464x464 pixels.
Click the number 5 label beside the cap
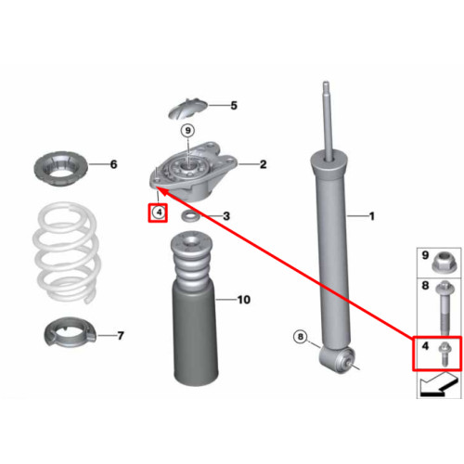coord(234,106)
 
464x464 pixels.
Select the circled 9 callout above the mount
coord(187,131)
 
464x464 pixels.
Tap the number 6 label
coord(114,164)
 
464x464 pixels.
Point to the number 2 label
coord(263,164)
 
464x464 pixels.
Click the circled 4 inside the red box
coord(159,213)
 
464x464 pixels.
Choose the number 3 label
coord(226,216)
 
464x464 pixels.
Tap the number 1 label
coord(372,216)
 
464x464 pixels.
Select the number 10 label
coord(244,300)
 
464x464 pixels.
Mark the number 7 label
coord(121,335)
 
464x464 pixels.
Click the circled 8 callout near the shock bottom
coord(300,336)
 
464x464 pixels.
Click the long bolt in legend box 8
coord(445,308)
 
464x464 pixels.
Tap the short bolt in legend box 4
coord(445,354)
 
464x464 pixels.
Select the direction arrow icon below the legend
coord(439,384)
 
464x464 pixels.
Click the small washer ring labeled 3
coord(190,216)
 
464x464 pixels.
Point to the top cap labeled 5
coord(187,109)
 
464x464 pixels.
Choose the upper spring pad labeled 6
coord(60,169)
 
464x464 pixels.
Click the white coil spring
coord(67,252)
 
